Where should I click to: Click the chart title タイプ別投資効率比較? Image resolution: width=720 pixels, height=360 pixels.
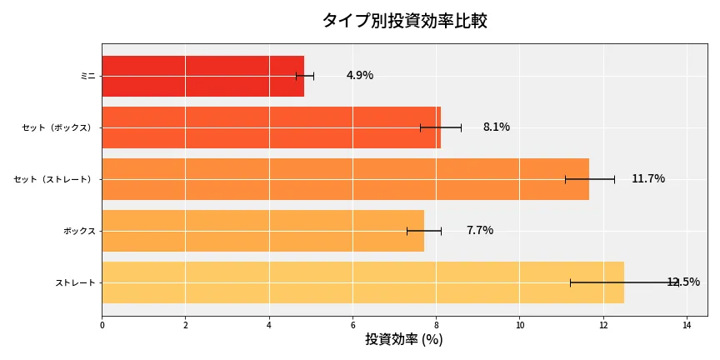click(x=404, y=21)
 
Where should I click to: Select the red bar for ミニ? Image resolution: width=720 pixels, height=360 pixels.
click(x=202, y=76)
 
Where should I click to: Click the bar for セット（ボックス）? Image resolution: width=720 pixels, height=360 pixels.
click(x=271, y=127)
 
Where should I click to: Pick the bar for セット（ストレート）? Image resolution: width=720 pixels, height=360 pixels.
click(x=345, y=179)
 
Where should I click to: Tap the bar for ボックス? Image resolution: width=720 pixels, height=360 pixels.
click(x=262, y=231)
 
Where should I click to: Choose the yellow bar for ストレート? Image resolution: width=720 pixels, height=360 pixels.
click(x=362, y=282)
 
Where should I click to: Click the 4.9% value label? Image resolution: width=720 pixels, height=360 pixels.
click(x=360, y=76)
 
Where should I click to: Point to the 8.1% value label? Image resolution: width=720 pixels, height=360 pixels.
click(x=496, y=127)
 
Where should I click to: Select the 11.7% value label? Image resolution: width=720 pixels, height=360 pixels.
click(x=648, y=179)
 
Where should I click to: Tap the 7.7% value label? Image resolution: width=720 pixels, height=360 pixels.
click(x=480, y=231)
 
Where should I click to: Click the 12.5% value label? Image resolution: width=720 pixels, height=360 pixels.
click(x=683, y=282)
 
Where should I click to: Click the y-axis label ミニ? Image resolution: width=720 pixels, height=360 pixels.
click(x=87, y=76)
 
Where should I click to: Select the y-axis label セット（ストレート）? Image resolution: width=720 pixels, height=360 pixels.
click(x=54, y=179)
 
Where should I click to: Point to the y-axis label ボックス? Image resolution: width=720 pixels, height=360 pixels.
click(x=79, y=231)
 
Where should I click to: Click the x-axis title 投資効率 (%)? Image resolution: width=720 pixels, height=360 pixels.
click(x=404, y=340)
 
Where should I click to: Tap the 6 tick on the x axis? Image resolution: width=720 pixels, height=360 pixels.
click(x=352, y=325)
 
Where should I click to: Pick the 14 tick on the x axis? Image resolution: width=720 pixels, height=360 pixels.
click(x=687, y=325)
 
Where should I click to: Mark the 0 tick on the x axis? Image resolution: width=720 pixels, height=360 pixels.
click(x=102, y=325)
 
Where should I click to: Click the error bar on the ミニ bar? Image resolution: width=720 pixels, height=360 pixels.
click(x=305, y=76)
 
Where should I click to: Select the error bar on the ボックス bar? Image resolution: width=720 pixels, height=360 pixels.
click(x=424, y=231)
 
